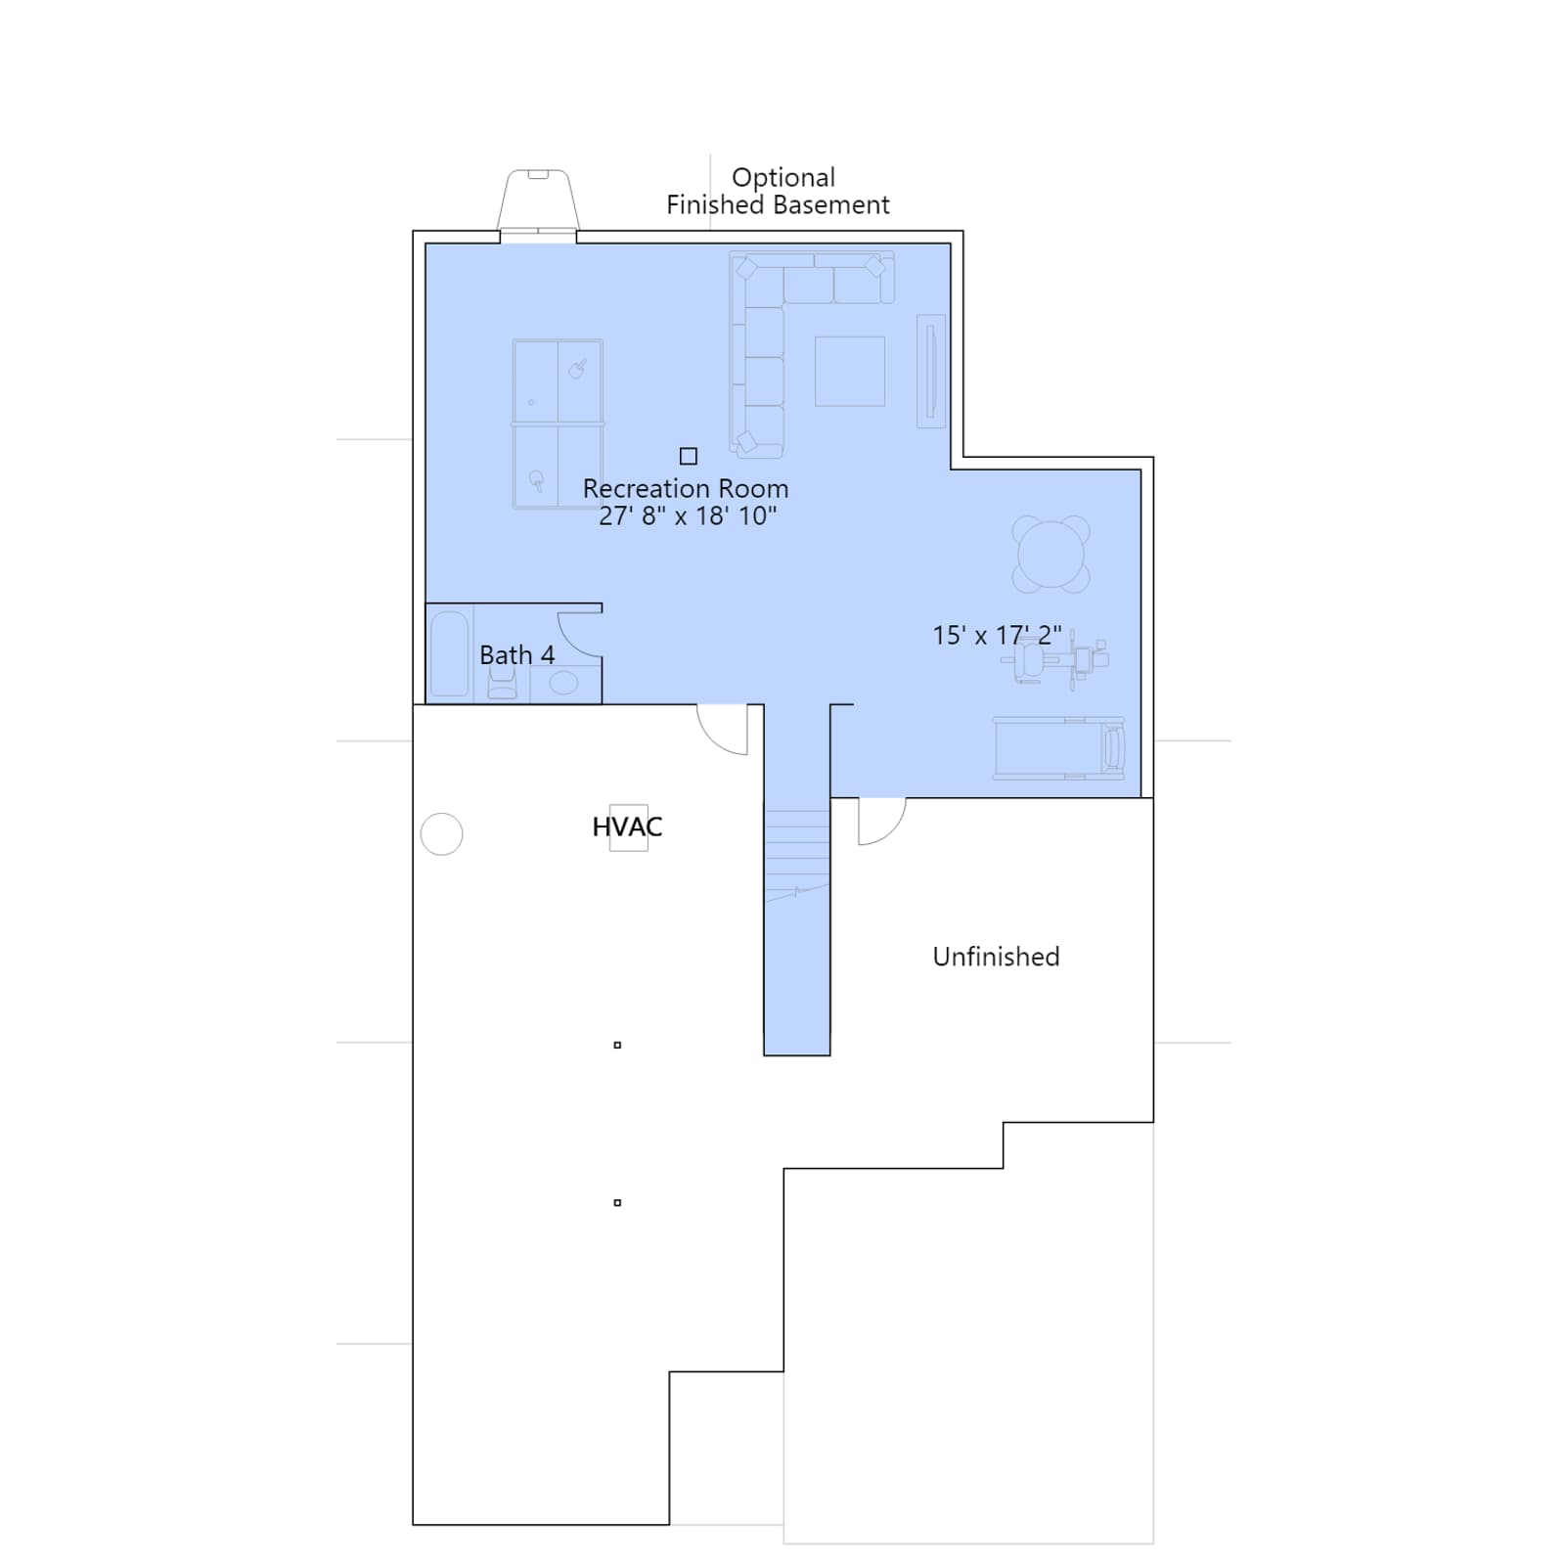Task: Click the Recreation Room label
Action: (685, 488)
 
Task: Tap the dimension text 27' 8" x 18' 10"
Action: (688, 515)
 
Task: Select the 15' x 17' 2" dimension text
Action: (997, 635)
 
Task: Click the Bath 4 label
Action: (516, 654)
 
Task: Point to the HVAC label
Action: (627, 827)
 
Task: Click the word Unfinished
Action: (996, 957)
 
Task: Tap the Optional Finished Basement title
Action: (779, 191)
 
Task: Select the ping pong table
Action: (558, 424)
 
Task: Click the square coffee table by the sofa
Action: (850, 371)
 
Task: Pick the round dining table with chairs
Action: (1051, 555)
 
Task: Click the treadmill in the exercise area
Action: (1059, 748)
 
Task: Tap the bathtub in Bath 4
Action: (450, 653)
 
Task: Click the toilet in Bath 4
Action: (502, 683)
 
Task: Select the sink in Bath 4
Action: (563, 682)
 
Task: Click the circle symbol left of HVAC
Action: (441, 834)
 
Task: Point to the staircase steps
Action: (797, 850)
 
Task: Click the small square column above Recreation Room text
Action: (689, 456)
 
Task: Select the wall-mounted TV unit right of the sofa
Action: (931, 371)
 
